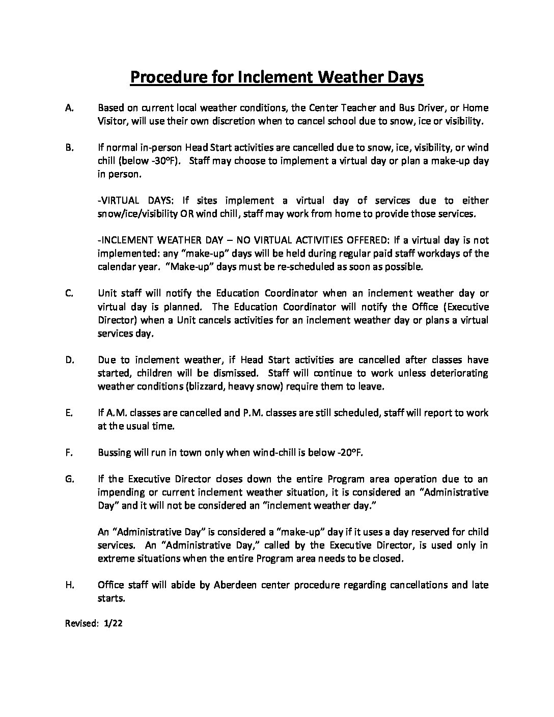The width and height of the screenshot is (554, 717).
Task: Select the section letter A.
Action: (x=70, y=108)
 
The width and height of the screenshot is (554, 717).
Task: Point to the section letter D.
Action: (x=70, y=360)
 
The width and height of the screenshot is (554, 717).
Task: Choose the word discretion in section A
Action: (x=231, y=121)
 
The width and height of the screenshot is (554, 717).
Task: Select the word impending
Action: (x=120, y=492)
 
